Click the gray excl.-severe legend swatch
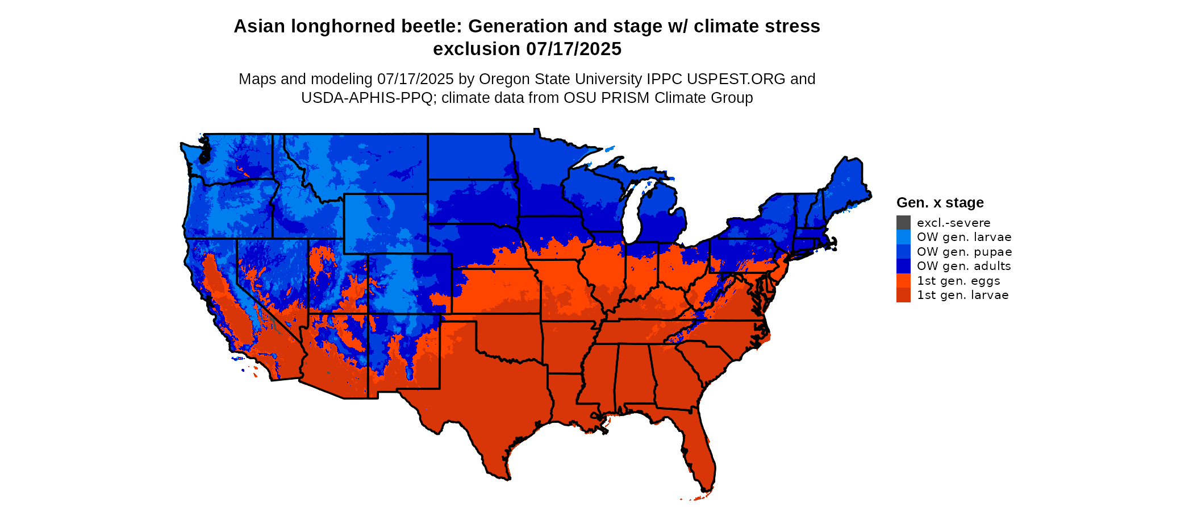point(903,223)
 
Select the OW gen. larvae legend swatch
point(903,237)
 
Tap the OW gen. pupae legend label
point(964,252)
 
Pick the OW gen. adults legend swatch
point(903,266)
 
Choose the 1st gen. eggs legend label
point(958,281)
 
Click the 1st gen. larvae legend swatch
point(903,295)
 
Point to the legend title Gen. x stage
point(940,203)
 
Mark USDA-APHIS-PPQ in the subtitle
point(366,98)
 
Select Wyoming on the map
point(385,223)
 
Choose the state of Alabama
point(632,375)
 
